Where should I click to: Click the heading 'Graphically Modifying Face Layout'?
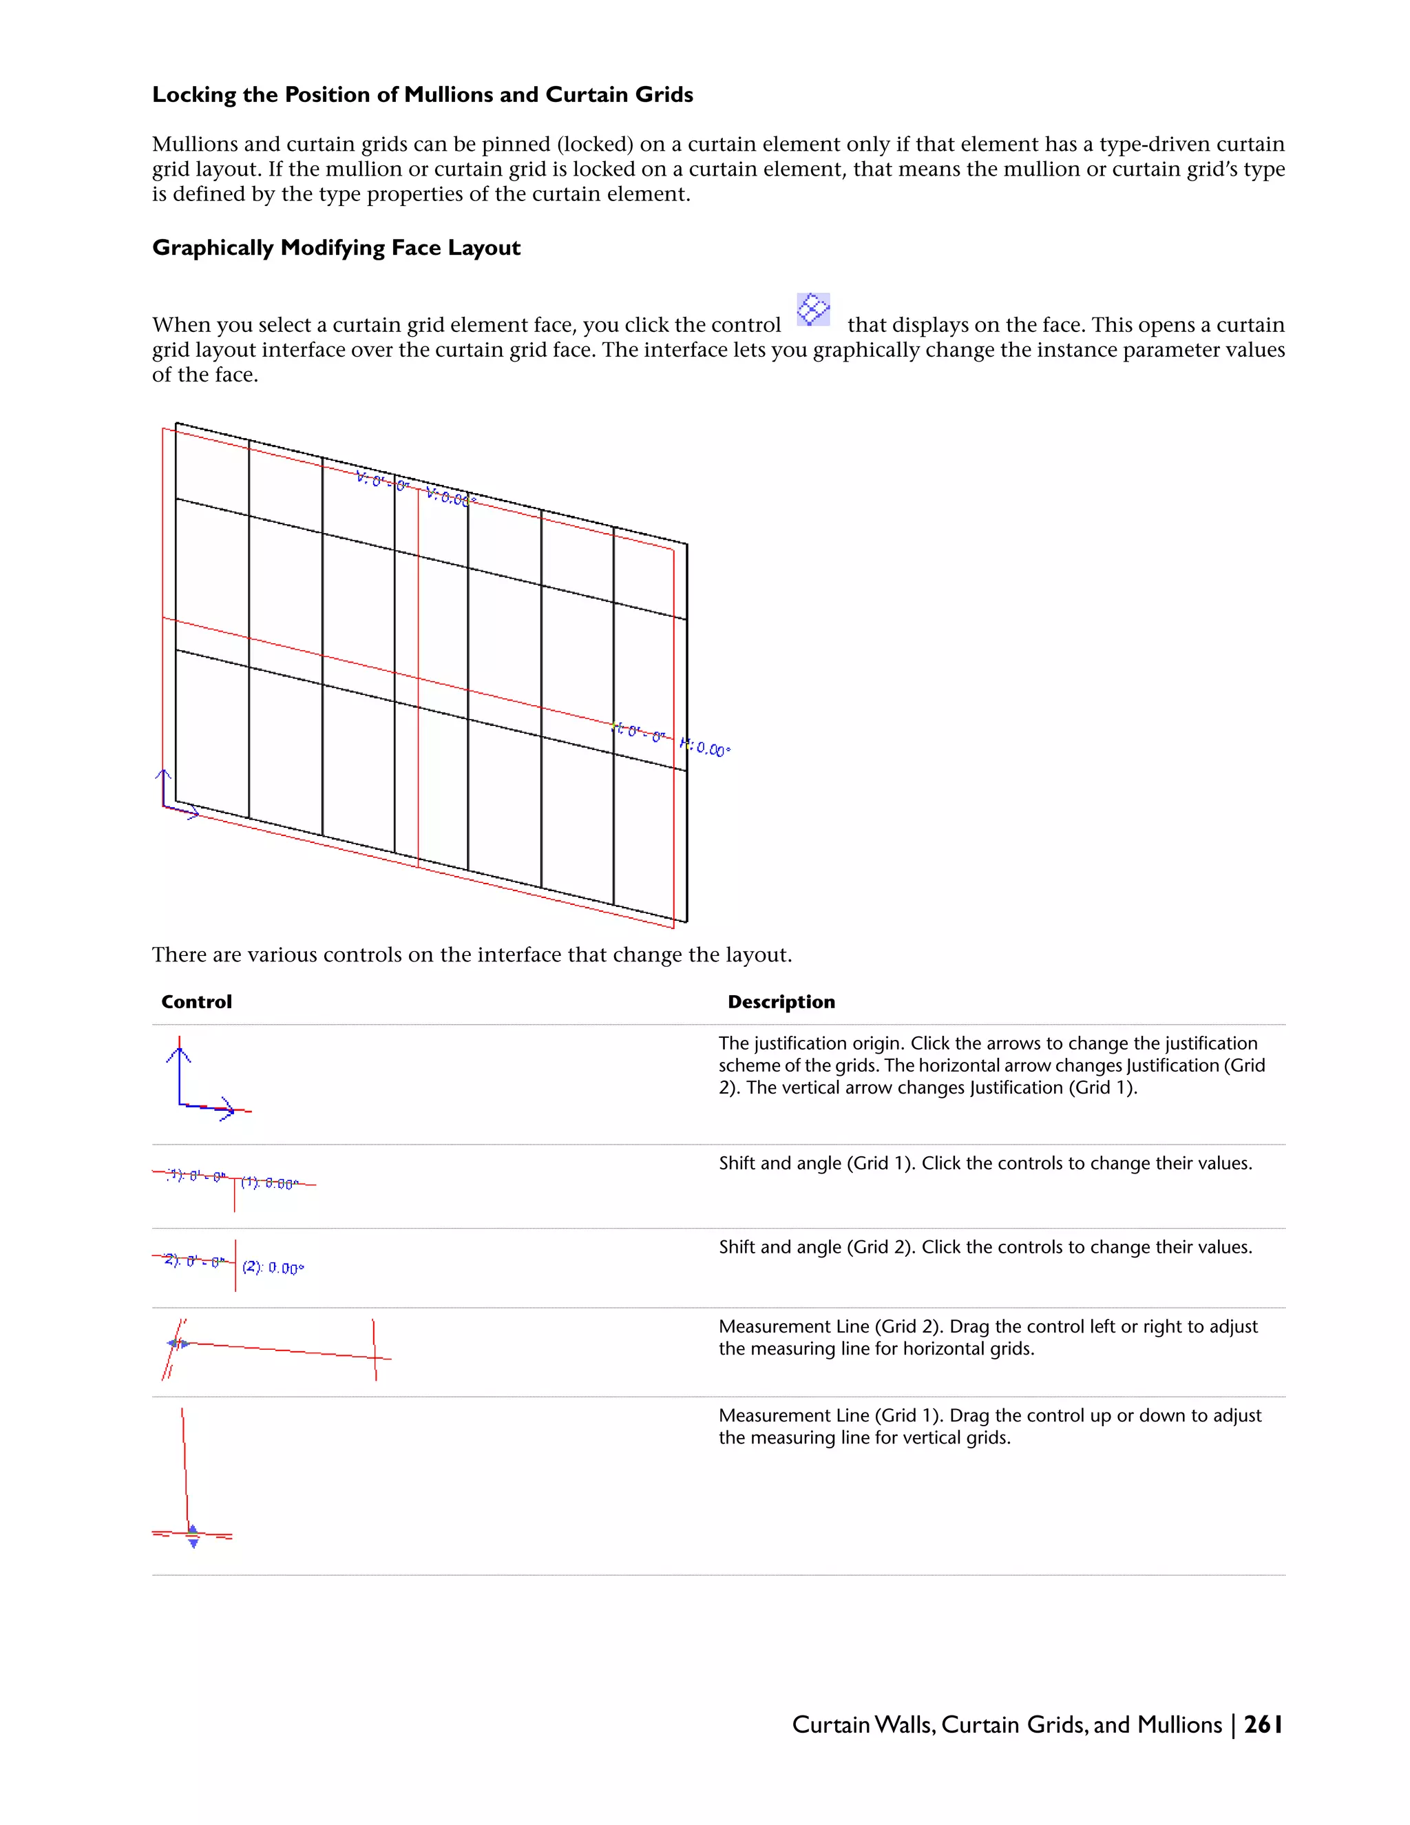tap(336, 248)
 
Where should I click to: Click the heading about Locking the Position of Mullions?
tap(422, 94)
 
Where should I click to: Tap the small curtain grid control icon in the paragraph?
tap(813, 309)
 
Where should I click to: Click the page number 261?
tap(1263, 1724)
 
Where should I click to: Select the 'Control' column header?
tap(196, 1002)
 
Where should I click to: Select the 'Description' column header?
tap(781, 1002)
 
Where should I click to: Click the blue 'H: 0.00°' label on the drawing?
tap(706, 747)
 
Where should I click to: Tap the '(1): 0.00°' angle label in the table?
tap(269, 1183)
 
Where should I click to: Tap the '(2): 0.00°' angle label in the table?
tap(273, 1268)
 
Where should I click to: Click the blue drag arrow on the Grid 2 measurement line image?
tap(178, 1344)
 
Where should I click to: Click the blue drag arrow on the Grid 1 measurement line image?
tap(193, 1536)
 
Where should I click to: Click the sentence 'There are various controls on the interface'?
tap(471, 955)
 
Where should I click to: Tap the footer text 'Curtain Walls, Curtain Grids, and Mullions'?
tap(1007, 1724)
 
